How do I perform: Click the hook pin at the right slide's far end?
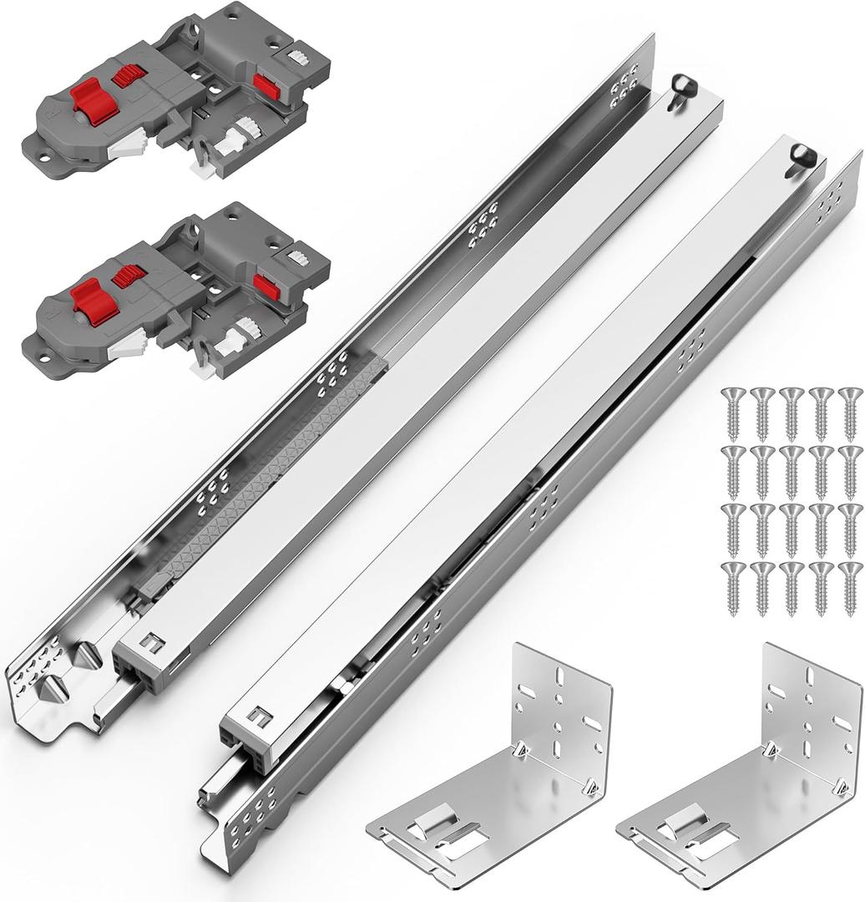pos(801,155)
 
